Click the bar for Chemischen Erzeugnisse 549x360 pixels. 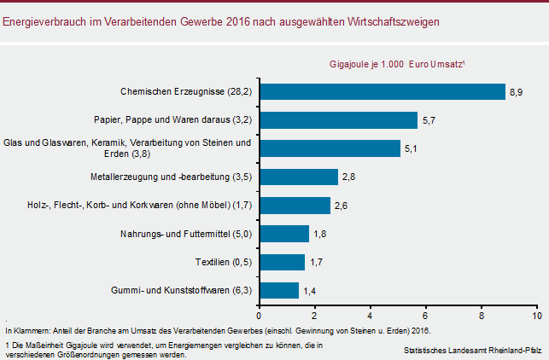coord(382,91)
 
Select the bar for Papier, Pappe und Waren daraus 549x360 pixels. coord(337,119)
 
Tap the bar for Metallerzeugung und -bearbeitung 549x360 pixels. coord(298,177)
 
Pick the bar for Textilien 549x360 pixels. coord(282,262)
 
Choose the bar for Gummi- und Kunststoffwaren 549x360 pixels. coord(278,290)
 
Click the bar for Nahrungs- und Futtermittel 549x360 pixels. coord(283,234)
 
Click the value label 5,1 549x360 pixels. coord(410,148)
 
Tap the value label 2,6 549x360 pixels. coord(341,206)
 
